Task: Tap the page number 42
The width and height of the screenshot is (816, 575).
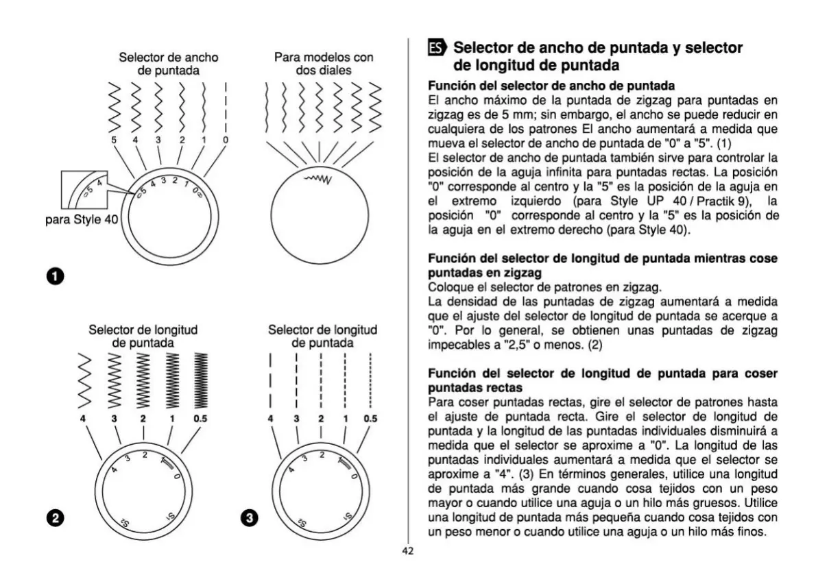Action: click(x=408, y=550)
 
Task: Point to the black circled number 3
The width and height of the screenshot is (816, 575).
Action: click(x=251, y=519)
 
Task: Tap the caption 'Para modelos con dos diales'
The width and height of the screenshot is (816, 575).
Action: click(x=324, y=64)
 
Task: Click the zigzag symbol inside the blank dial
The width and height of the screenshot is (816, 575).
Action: click(x=318, y=180)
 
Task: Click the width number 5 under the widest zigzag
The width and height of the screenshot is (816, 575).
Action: click(x=114, y=140)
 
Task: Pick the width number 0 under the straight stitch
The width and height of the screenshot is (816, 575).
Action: click(x=226, y=140)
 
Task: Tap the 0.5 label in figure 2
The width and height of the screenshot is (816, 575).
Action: click(x=200, y=418)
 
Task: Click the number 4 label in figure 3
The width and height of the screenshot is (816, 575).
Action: click(x=271, y=418)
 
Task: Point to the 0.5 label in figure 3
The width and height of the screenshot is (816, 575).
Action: click(x=370, y=418)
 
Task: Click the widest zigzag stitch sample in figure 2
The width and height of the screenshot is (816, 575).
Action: click(x=84, y=380)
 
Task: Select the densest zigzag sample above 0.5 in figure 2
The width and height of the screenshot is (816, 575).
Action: click(x=200, y=380)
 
